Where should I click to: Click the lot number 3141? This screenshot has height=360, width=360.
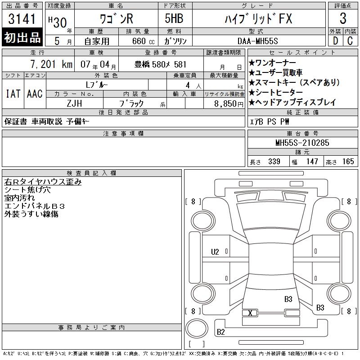[x=22, y=19]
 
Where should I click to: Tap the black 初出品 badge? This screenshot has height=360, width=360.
[x=22, y=37]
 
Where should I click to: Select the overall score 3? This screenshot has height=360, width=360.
[x=343, y=18]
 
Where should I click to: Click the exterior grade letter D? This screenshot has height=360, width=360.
[x=335, y=41]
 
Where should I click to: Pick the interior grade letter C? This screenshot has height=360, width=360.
[x=350, y=41]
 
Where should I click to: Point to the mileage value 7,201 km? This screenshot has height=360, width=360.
[x=51, y=64]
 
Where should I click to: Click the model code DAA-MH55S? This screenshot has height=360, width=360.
[x=257, y=41]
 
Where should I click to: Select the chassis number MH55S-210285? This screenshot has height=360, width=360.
[x=302, y=143]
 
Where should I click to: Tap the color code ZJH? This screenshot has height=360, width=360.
[x=74, y=103]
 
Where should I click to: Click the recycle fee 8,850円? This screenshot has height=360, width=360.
[x=229, y=104]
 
